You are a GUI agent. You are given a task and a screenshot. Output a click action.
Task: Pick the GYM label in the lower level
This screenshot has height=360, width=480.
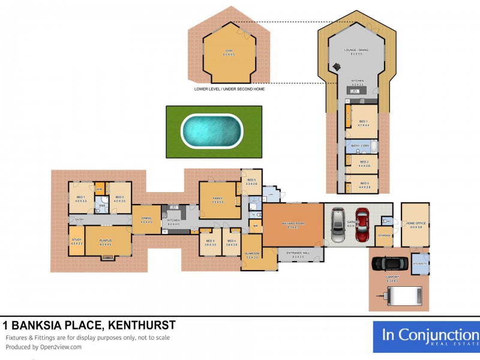tap(228, 52)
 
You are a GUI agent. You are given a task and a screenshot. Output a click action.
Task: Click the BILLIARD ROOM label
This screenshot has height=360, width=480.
tap(293, 223)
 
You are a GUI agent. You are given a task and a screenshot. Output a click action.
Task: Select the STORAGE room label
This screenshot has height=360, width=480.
tap(384, 235)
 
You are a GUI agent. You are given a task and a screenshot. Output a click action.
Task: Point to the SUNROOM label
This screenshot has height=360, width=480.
tap(251, 255)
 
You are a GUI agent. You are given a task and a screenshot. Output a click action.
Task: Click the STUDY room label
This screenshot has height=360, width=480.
tap(76, 241)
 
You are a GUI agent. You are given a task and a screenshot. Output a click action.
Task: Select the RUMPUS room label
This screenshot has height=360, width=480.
tap(106, 242)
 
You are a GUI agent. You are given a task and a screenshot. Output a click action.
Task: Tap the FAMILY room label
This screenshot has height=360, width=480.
tap(218, 200)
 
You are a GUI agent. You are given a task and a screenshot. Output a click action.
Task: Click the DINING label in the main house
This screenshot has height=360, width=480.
tap(146, 220)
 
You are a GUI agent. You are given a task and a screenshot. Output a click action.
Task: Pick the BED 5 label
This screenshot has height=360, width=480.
tap(251, 182)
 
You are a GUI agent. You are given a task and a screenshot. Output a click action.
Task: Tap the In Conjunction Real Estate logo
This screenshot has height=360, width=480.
tap(426, 338)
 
